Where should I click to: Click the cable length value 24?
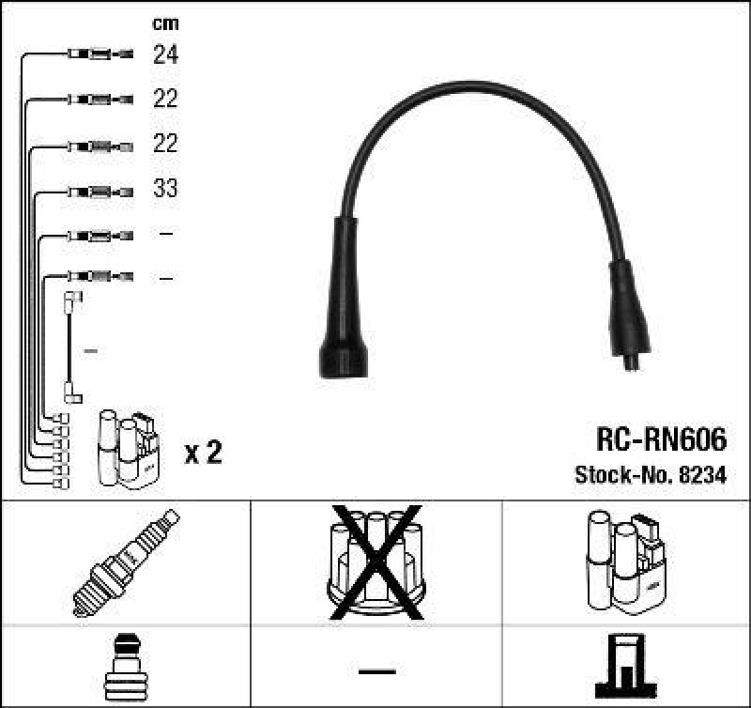click(x=165, y=54)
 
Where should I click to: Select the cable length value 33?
click(x=165, y=189)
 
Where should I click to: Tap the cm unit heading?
click(x=164, y=23)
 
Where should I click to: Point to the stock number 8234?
click(x=703, y=475)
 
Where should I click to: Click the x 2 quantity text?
click(x=203, y=454)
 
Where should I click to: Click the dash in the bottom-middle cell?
click(x=376, y=670)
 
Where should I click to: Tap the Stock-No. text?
click(x=620, y=475)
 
